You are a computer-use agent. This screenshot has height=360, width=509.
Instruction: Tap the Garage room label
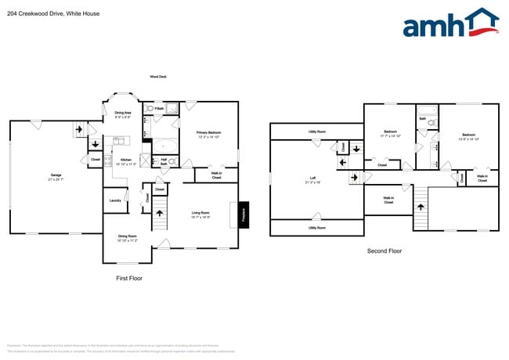pyautogui.click(x=56, y=175)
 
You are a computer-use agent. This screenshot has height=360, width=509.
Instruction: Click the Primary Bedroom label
pyautogui.click(x=208, y=133)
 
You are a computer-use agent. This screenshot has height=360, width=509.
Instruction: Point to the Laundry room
pyautogui.click(x=114, y=201)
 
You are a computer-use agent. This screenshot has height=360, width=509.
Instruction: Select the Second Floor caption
pyautogui.click(x=384, y=250)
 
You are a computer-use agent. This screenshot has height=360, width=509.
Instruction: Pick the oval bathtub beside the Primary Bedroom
pyautogui.click(x=164, y=146)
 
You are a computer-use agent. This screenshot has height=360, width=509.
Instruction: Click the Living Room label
pyautogui.click(x=200, y=212)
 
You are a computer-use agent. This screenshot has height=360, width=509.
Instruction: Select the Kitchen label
pyautogui.click(x=125, y=160)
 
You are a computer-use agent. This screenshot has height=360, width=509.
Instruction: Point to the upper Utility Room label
pyautogui.click(x=316, y=131)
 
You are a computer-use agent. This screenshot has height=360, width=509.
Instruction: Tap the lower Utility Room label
pyautogui.click(x=316, y=228)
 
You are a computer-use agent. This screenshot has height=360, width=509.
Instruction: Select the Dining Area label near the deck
pyautogui.click(x=123, y=113)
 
